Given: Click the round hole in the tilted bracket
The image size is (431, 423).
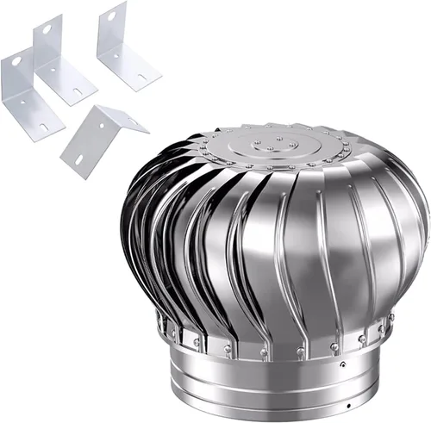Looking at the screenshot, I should pos(101,126).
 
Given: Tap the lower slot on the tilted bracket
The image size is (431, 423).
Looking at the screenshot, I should pos(78,160).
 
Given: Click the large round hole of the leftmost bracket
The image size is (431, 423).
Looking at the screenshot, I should pos(16,61).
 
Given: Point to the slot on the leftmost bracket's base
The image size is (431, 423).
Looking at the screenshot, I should pos(43,127).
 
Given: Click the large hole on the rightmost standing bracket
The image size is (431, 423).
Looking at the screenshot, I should pos(111,16).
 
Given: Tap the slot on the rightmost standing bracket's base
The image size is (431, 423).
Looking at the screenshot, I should pos(142,77).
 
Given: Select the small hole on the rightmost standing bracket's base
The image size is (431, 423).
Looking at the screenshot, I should pos(116,56).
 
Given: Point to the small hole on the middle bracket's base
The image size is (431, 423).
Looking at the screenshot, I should pos(53,69).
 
